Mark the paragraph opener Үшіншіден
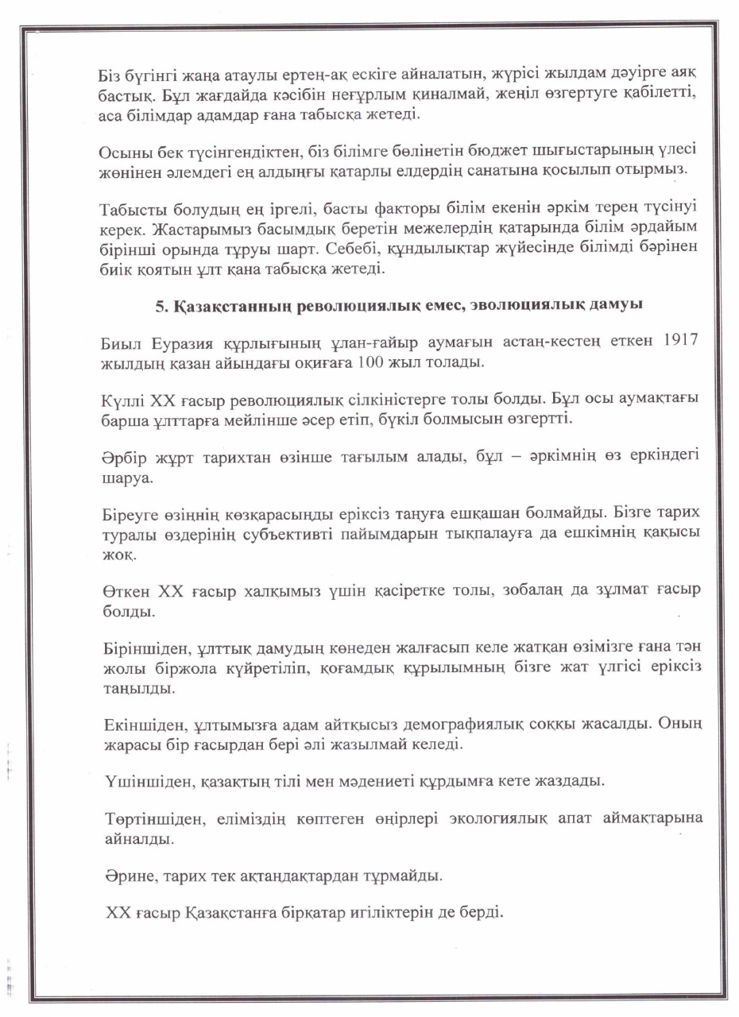coord(141,781)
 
